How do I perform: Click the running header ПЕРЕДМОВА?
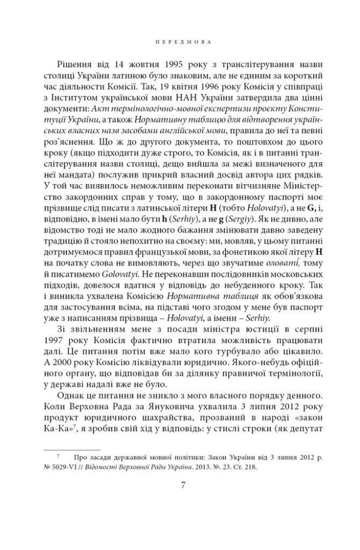pos(180,41)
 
